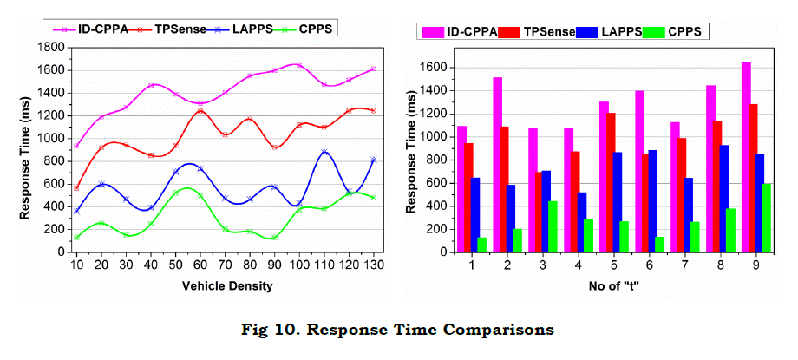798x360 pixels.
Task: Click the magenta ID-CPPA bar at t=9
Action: tap(746, 157)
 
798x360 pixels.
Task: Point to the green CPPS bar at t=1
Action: tap(481, 245)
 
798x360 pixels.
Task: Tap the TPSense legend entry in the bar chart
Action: tap(544, 32)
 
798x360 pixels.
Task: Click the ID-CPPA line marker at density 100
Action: tap(298, 65)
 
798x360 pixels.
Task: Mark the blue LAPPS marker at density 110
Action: tap(324, 152)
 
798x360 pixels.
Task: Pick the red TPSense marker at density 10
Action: tap(76, 187)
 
